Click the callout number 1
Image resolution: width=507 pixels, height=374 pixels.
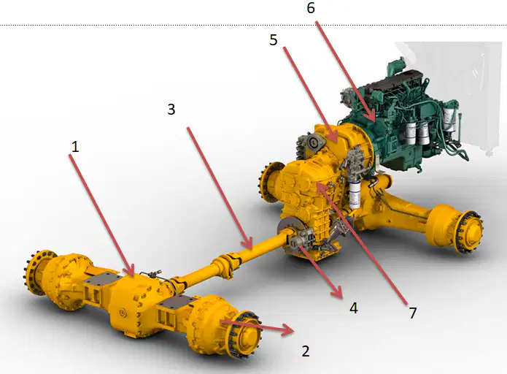click(75, 147)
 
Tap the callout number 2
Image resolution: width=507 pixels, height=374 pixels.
click(306, 351)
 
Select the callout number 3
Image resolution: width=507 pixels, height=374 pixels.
click(171, 110)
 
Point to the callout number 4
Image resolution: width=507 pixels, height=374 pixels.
click(354, 308)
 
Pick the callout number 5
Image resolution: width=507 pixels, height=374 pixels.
click(274, 40)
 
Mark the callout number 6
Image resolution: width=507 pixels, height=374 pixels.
click(311, 8)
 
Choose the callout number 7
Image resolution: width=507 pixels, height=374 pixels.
click(413, 313)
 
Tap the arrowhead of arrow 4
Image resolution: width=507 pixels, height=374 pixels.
click(337, 292)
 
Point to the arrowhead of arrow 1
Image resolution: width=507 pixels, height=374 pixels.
click(131, 270)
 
